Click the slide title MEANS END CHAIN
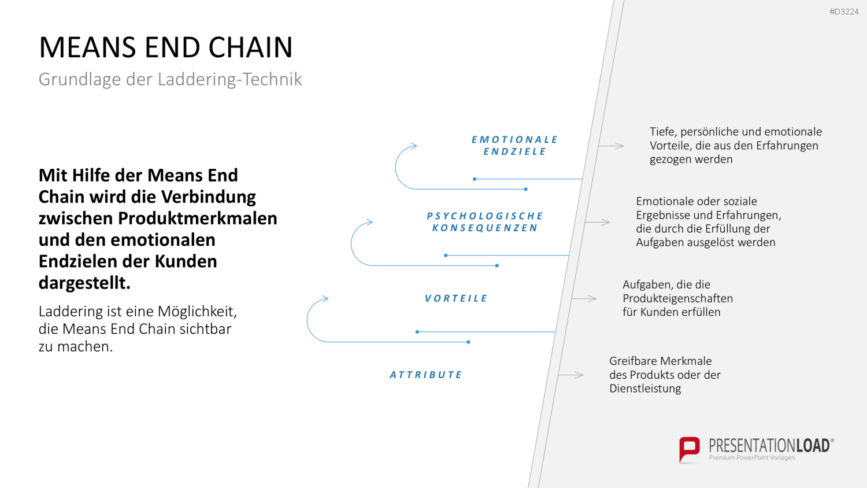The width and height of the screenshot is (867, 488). pyautogui.click(x=166, y=47)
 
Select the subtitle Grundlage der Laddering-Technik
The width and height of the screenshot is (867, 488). pyautogui.click(x=170, y=79)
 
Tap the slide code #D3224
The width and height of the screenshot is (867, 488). pyautogui.click(x=844, y=12)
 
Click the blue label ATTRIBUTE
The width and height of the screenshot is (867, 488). pyautogui.click(x=426, y=375)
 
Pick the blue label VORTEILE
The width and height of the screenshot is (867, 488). pyautogui.click(x=456, y=298)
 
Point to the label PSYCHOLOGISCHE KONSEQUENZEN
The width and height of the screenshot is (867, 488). pyautogui.click(x=485, y=221)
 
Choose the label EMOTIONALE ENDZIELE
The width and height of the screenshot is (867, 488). pyautogui.click(x=514, y=145)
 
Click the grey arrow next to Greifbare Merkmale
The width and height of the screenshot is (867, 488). pyautogui.click(x=571, y=375)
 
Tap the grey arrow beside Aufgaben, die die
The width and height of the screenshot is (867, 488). pyautogui.click(x=584, y=298)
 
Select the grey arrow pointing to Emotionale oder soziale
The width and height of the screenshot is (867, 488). pyautogui.click(x=598, y=222)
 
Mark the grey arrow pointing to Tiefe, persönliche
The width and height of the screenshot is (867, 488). pyautogui.click(x=611, y=146)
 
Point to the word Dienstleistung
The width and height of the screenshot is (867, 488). pyautogui.click(x=645, y=389)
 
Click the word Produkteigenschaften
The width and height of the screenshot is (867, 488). pyautogui.click(x=678, y=298)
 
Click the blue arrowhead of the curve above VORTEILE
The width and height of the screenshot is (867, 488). pyautogui.click(x=325, y=298)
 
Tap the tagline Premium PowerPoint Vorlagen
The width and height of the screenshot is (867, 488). pyautogui.click(x=752, y=458)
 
